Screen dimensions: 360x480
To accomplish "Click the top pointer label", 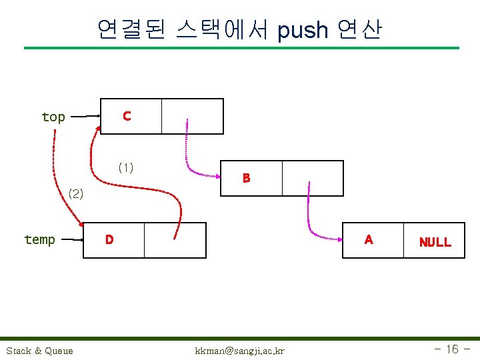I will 53,117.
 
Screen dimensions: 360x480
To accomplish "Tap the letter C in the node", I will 127,116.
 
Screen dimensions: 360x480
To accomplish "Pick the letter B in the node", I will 247,178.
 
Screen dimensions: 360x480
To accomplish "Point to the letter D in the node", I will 109,239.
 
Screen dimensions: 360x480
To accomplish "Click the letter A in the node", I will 369,239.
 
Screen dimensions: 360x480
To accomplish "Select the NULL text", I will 435,242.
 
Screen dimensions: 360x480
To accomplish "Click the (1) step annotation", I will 125,167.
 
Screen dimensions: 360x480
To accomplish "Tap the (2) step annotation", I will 77,194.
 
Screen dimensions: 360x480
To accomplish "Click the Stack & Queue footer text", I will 40,351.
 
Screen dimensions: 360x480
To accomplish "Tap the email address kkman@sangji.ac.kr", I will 239,351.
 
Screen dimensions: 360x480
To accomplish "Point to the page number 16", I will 452,349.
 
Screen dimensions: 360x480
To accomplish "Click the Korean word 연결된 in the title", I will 131,30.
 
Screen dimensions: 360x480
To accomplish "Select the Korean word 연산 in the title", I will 359,30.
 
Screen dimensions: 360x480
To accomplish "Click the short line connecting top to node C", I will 86,117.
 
